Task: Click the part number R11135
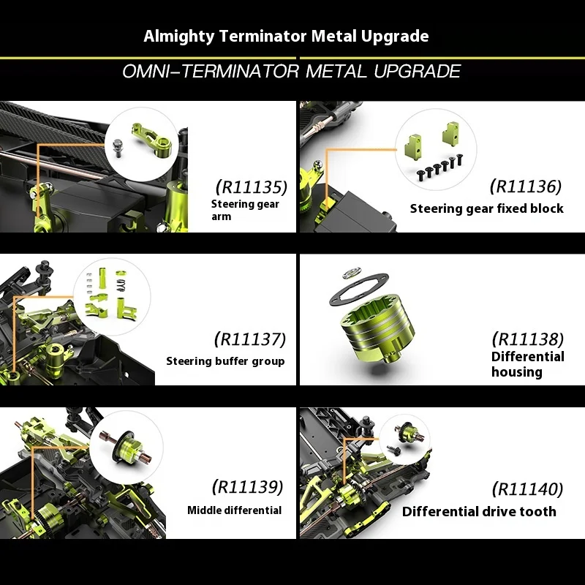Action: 252,187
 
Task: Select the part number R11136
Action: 526,186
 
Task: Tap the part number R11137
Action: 250,339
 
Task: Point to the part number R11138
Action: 528,339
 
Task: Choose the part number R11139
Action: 248,487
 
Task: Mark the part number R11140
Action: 527,489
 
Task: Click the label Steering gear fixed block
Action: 486,208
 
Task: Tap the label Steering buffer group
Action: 225,361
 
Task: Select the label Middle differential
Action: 234,510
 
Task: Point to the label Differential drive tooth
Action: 479,511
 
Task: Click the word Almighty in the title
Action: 179,37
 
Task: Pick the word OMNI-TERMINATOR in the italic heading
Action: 211,71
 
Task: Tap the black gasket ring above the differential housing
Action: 358,289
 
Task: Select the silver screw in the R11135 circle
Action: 118,148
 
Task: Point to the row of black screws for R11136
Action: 439,167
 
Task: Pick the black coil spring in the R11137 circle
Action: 121,285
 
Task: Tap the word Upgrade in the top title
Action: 395,37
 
